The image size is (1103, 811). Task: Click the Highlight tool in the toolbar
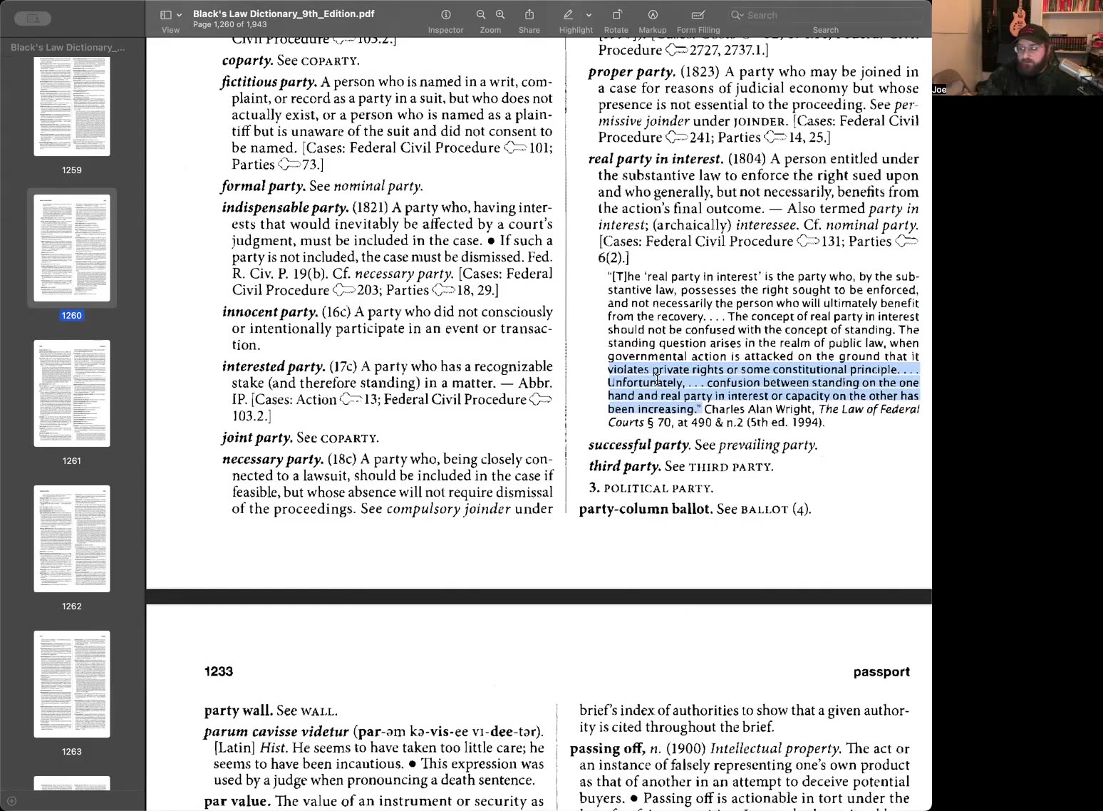pos(569,15)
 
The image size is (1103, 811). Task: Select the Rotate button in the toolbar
pos(616,15)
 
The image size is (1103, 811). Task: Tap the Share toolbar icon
pos(529,15)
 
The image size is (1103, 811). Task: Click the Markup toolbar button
pos(652,15)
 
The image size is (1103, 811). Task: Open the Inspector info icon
pos(446,15)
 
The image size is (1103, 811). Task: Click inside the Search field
pos(827,15)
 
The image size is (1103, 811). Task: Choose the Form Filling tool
pos(698,15)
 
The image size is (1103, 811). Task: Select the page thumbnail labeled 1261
pos(72,393)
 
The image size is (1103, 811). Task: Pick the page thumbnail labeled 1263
pos(72,684)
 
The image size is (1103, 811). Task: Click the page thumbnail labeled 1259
pos(72,107)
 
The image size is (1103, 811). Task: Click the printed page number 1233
pos(219,671)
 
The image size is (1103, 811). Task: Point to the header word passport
pos(881,671)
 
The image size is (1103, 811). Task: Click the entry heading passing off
pos(607,748)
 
